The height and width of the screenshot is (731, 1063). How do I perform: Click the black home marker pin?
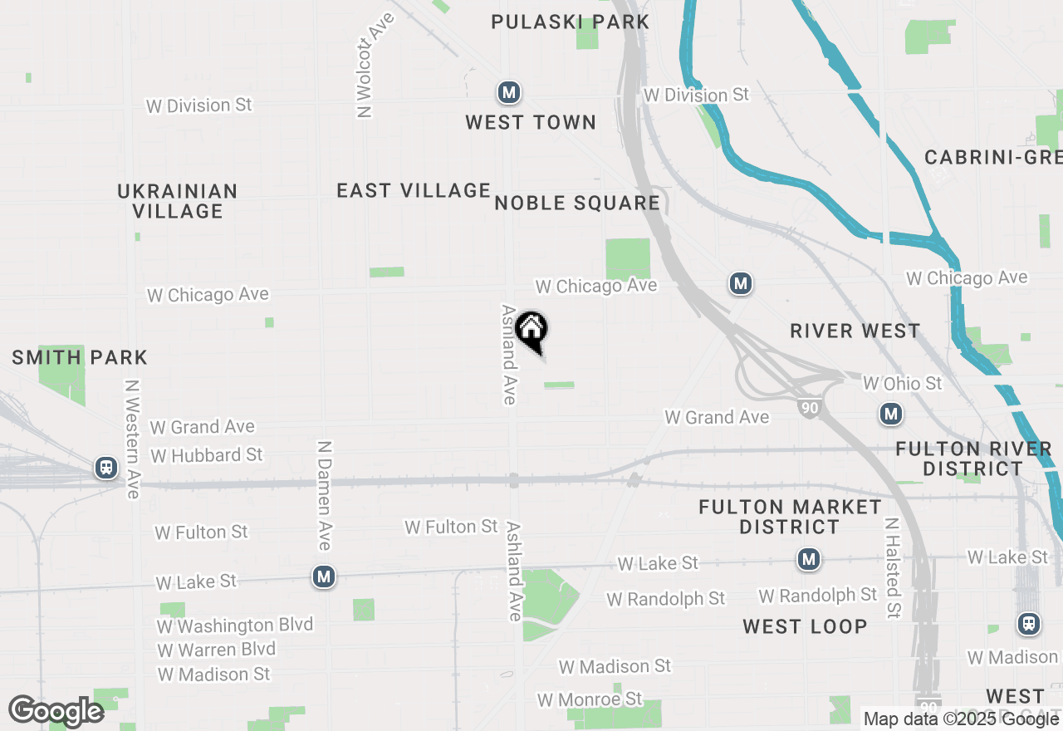point(531,331)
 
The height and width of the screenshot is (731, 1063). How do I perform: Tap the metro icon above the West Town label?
point(509,92)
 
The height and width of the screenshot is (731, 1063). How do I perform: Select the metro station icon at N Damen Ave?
point(324,576)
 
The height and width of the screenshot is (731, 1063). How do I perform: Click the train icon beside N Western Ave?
point(106,468)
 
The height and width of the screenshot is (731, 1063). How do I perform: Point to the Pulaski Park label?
point(570,22)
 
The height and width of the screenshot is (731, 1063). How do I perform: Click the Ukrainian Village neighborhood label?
point(178,201)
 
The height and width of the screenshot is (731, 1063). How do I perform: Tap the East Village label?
point(414,190)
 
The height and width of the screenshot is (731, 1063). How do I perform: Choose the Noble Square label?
point(577,203)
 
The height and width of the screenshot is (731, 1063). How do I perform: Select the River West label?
point(855,331)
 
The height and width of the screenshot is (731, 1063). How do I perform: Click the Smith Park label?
point(80,358)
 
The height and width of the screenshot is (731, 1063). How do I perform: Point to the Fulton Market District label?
point(790,517)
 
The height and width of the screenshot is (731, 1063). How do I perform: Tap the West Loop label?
point(805,626)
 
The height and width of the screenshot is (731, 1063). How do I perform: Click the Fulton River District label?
point(973,459)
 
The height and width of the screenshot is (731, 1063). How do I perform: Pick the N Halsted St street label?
point(893,569)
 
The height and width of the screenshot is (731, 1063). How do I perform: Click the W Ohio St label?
point(903,383)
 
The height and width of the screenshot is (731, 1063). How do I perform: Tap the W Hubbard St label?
point(207,455)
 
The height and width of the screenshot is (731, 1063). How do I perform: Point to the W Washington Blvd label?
point(235,625)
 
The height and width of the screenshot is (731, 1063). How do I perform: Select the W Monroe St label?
point(590,699)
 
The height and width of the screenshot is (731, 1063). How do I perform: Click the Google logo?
point(56,712)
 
